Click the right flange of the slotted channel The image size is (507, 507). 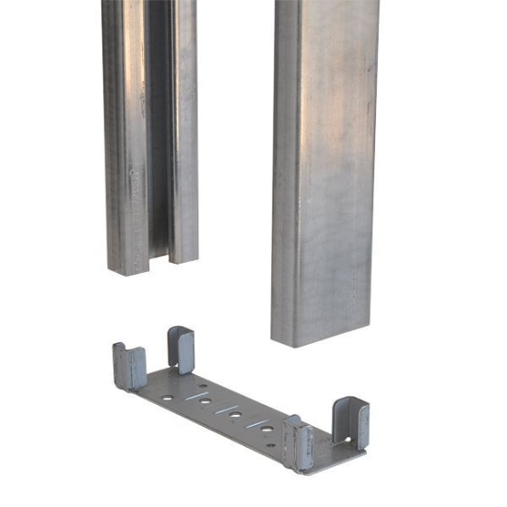coord(185,129)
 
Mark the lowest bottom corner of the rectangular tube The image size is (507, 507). coord(297,346)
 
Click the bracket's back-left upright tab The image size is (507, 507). coord(181,348)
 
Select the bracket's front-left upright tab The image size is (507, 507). coord(130,367)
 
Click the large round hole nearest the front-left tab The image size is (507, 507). coord(167,397)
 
